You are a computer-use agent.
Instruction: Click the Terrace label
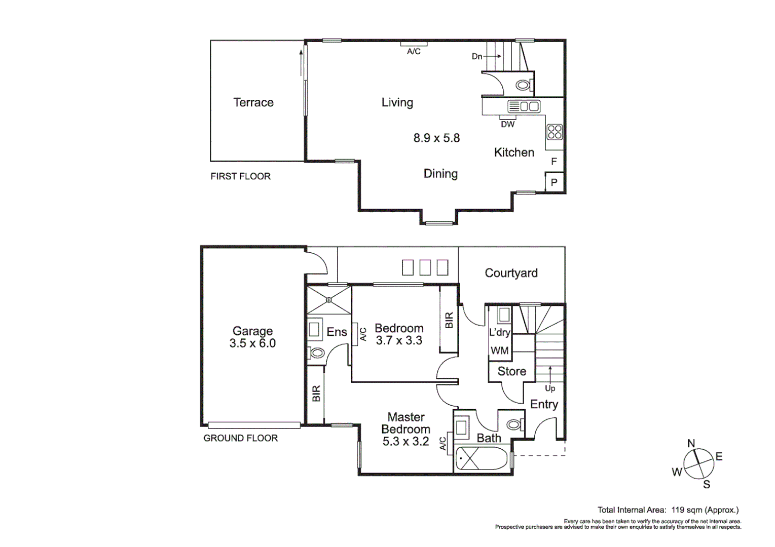pos(253,102)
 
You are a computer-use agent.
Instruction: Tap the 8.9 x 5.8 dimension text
pos(436,138)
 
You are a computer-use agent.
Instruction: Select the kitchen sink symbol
pos(524,106)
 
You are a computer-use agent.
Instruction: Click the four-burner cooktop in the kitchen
pos(555,132)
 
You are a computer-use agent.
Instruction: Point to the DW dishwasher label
pos(507,124)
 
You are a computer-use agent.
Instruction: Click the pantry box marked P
pos(554,182)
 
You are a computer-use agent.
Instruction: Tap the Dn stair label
pos(477,56)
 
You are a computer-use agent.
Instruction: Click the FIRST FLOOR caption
pos(240,176)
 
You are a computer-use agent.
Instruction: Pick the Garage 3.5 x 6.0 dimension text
pos(252,343)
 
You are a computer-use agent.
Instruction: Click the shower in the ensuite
pos(329,300)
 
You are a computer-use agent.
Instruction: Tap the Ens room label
pos(337,332)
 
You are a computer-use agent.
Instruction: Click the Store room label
pos(511,371)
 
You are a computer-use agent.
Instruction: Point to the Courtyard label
pos(511,273)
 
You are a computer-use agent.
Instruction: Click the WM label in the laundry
pos(499,350)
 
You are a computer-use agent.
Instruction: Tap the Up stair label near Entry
pos(550,388)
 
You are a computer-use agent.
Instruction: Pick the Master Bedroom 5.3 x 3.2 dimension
pos(405,441)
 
